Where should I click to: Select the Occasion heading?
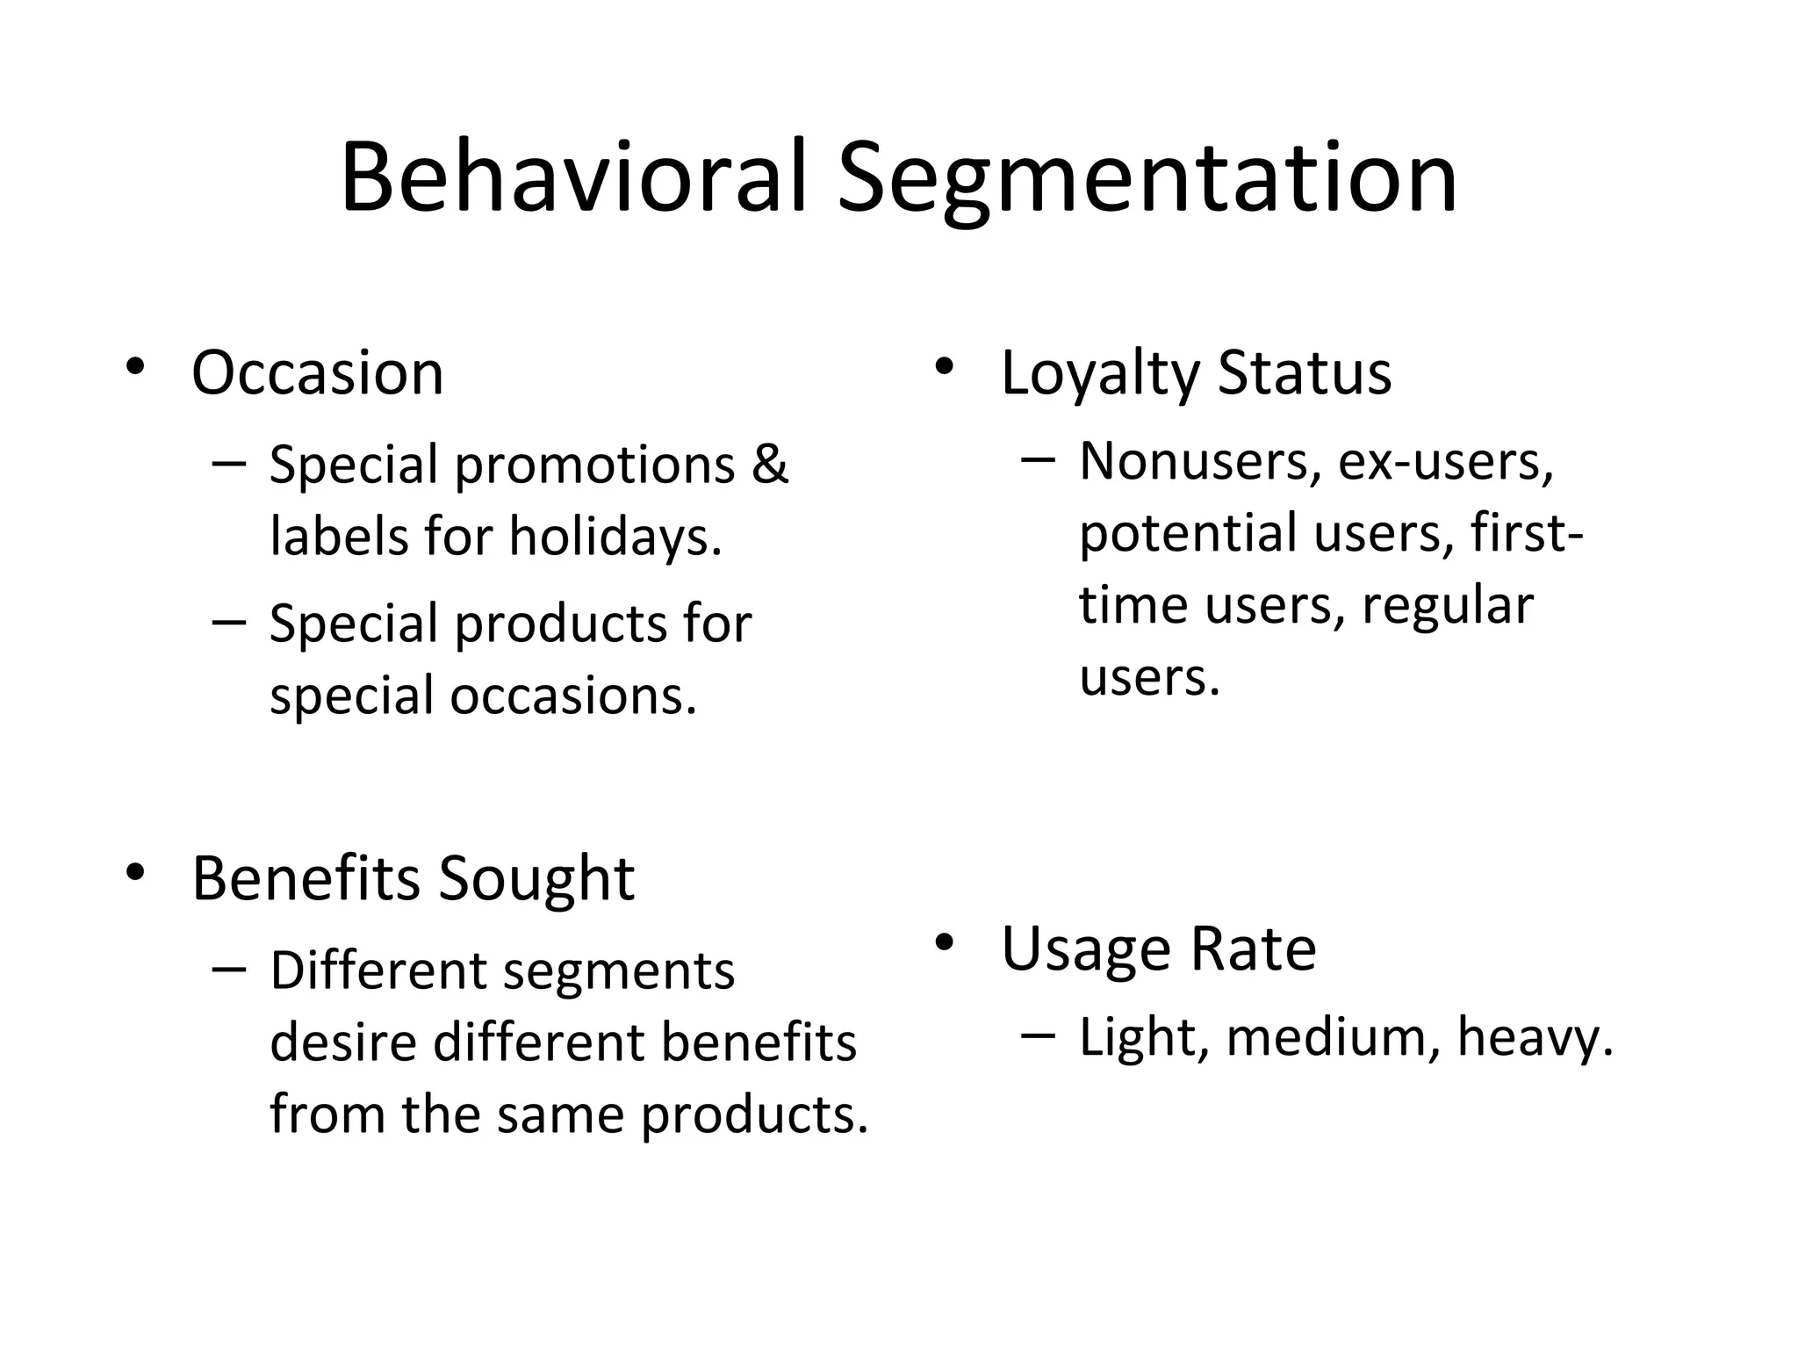click(x=317, y=373)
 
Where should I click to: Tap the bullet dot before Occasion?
click(x=133, y=366)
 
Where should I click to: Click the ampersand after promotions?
click(x=770, y=464)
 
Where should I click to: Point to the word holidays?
click(x=615, y=537)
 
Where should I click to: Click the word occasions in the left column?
click(x=573, y=696)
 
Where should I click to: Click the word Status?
click(x=1305, y=372)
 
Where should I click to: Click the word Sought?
click(x=536, y=880)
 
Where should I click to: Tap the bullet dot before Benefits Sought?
click(x=133, y=873)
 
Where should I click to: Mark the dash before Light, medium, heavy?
click(x=1039, y=1035)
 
